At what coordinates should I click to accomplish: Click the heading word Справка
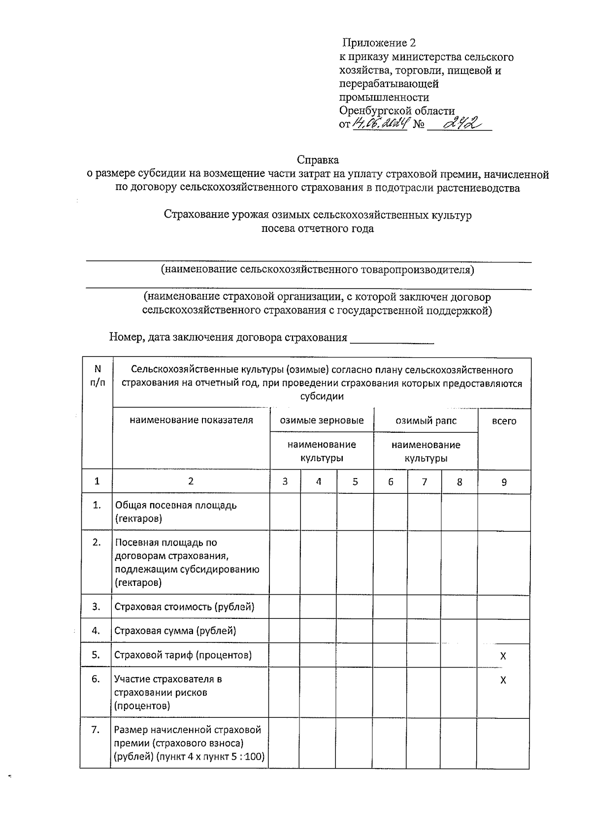(318, 160)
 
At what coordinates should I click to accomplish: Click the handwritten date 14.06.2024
(379, 123)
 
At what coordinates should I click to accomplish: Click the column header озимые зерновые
(322, 420)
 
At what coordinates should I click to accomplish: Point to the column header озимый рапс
(426, 421)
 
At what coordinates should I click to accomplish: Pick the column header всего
(504, 421)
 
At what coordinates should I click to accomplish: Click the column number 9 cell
(504, 482)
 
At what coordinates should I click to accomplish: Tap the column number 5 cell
(355, 482)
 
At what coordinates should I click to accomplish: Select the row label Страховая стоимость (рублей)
(185, 607)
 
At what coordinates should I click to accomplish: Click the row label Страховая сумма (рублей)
(175, 631)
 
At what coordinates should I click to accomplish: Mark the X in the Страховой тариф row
(503, 656)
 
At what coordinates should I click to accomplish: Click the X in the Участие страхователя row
(503, 680)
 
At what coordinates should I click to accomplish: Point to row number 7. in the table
(96, 730)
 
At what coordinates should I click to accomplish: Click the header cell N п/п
(98, 375)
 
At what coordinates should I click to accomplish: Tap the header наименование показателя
(191, 420)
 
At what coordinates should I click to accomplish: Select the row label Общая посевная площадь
(176, 512)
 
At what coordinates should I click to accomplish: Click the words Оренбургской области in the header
(396, 111)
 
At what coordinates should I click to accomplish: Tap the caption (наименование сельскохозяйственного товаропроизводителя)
(318, 269)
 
